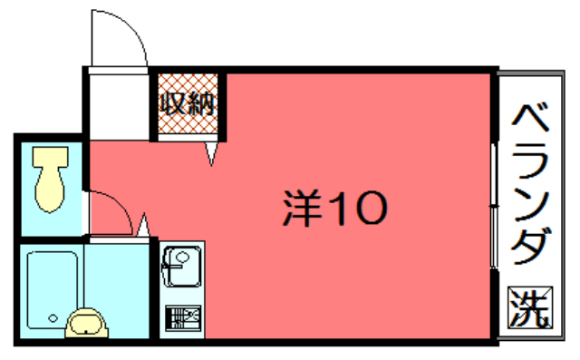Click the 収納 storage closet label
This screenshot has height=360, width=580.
(x=188, y=103)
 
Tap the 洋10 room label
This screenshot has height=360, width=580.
(x=335, y=208)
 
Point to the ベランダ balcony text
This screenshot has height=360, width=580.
(x=530, y=184)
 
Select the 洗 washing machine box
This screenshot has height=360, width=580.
(x=530, y=307)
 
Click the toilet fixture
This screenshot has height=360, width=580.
(x=51, y=179)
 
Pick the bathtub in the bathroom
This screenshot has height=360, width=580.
(x=53, y=289)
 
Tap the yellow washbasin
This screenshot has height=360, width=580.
(x=87, y=323)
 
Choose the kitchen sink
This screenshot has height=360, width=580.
(x=182, y=267)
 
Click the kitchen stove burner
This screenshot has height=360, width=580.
(x=183, y=317)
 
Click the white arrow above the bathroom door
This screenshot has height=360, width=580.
(x=143, y=225)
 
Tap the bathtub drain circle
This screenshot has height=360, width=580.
(x=53, y=318)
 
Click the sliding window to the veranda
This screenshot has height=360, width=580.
(x=493, y=205)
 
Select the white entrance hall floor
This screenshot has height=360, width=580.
(x=119, y=107)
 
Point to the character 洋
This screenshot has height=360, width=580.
(x=302, y=208)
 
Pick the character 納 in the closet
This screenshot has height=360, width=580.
(x=201, y=103)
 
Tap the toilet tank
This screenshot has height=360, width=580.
(x=51, y=157)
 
